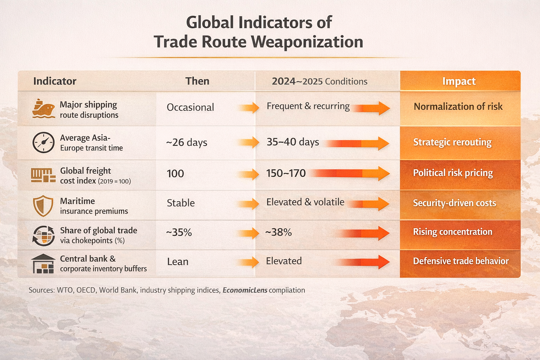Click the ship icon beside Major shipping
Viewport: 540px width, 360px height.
[x=43, y=109]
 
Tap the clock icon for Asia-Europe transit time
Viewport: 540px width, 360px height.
[x=43, y=142]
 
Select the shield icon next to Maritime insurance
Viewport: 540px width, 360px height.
[x=43, y=206]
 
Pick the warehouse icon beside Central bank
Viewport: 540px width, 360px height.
[x=43, y=264]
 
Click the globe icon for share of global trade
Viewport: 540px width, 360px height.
[x=43, y=235]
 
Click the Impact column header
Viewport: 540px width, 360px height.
[x=459, y=81]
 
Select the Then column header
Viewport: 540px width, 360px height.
[x=197, y=81]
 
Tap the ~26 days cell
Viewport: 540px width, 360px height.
[x=187, y=142]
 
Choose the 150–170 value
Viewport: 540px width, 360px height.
[x=286, y=173]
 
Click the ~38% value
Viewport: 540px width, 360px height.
[x=278, y=232]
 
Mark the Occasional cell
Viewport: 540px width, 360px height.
[x=190, y=107]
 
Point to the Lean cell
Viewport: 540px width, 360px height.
[x=178, y=262]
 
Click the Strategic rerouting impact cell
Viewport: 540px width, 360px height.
[x=452, y=142]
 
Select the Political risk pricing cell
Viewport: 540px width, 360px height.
[x=453, y=173]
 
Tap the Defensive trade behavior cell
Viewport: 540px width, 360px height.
[x=461, y=261]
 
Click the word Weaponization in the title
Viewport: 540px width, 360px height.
[x=307, y=42]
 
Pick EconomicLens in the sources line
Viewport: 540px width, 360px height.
[x=245, y=290]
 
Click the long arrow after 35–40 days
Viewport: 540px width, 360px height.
[x=357, y=143]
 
